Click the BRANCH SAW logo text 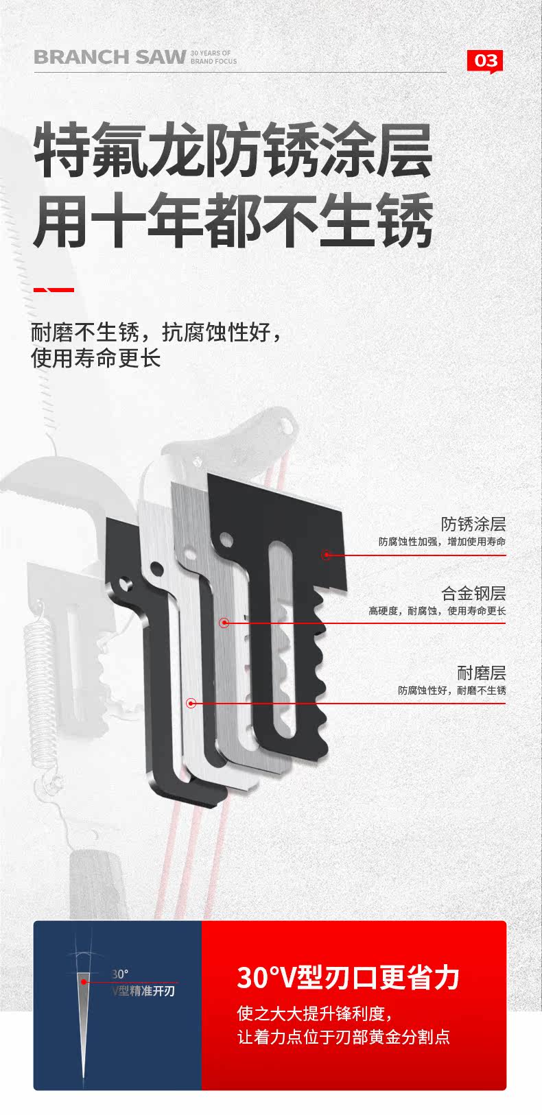(110, 58)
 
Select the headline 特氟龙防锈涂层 (233, 149)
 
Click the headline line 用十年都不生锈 (233, 221)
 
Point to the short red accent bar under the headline (54, 290)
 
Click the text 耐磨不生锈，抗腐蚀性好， (156, 333)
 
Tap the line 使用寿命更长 (95, 358)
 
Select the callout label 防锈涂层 (473, 525)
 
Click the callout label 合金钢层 (473, 594)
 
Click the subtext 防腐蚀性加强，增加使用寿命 (442, 542)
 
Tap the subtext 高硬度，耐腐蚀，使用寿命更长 (437, 611)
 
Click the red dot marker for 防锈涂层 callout (327, 554)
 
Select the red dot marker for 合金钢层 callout (224, 623)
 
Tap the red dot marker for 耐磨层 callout (191, 703)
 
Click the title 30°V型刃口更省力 (348, 978)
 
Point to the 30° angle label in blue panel (120, 974)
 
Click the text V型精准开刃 (143, 991)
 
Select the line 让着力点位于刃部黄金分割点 (344, 1037)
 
